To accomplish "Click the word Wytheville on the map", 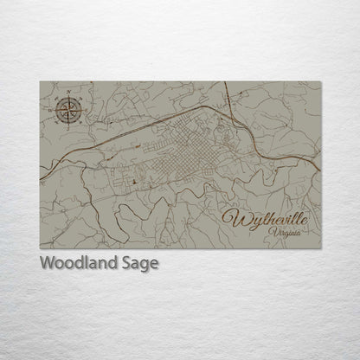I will tap(269, 217).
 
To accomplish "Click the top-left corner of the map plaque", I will tap(40, 81).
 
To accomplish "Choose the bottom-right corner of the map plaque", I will tap(321, 248).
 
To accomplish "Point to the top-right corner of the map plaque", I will tap(321, 81).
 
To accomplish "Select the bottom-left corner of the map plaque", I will tap(40, 248).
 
